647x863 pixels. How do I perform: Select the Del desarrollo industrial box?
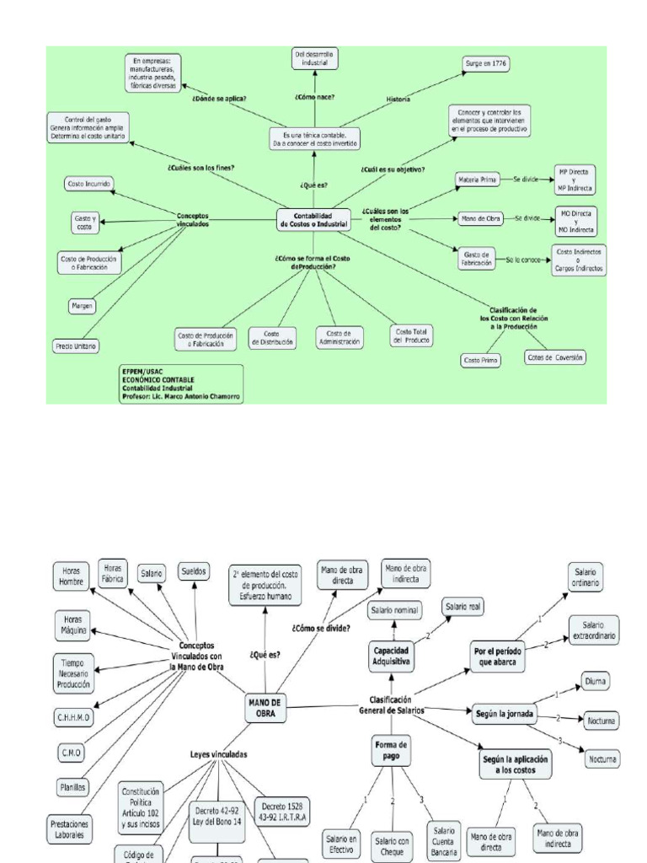pos(313,57)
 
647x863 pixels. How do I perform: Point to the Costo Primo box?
pos(481,360)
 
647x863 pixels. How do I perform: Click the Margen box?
pos(82,305)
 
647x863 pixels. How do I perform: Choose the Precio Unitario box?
pos(76,346)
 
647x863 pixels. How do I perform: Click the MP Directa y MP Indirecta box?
pos(575,180)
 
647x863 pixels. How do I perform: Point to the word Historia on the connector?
pos(398,99)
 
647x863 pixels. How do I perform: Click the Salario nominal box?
pos(394,609)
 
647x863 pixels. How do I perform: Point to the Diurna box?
pos(595,680)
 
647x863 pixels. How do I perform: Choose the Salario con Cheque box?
pos(393,844)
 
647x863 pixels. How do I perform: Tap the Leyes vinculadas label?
pos(218,755)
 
